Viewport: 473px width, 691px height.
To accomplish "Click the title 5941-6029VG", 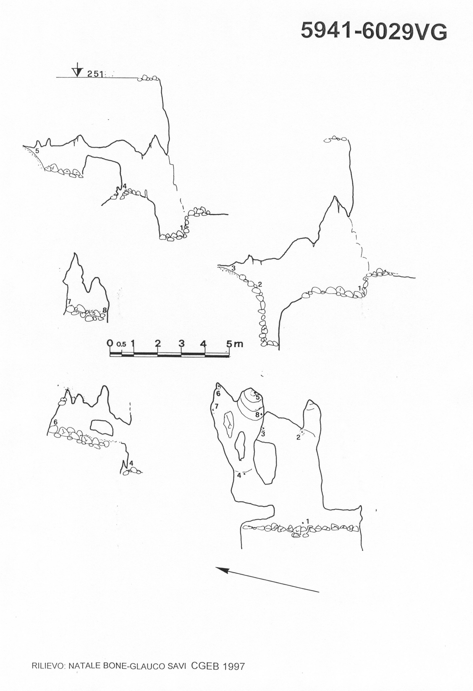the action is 374,32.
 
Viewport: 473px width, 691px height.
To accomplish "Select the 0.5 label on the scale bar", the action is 121,344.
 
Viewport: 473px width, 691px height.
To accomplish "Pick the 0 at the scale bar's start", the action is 110,343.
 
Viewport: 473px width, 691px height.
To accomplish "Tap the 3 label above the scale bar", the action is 181,343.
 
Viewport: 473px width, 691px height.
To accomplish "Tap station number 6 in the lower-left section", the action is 55,422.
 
